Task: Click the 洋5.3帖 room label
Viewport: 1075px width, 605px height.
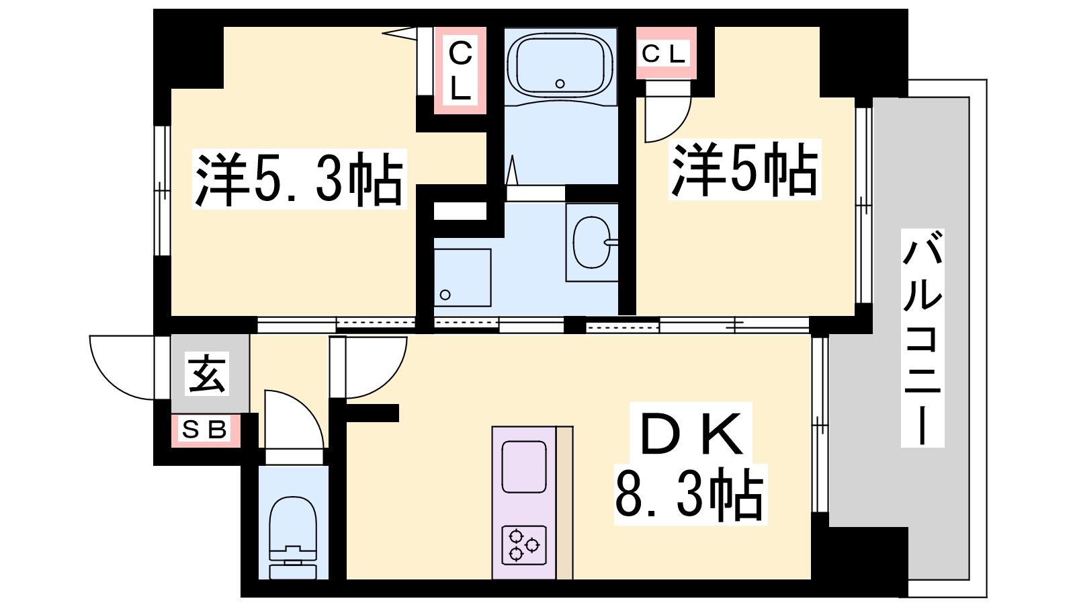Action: tap(299, 179)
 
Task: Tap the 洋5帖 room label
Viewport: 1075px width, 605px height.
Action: tap(744, 169)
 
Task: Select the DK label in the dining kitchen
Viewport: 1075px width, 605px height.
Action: tap(691, 434)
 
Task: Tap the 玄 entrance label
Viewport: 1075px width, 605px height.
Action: tap(208, 374)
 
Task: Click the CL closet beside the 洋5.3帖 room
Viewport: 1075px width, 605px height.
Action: tap(460, 71)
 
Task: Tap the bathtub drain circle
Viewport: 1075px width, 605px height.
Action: tap(560, 83)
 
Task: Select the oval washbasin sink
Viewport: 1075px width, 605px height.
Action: tap(593, 242)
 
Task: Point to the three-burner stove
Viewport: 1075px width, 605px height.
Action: tap(524, 545)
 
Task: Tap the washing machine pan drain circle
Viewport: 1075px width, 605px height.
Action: tap(445, 295)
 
